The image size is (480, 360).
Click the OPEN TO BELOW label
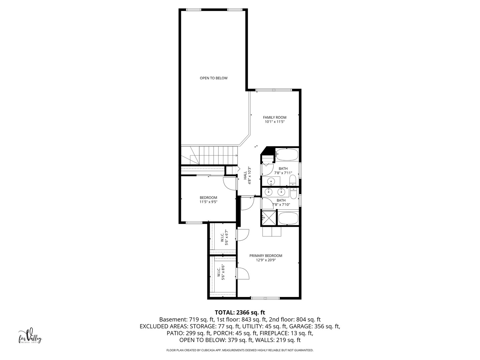213,78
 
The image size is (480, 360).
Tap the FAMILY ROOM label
274,117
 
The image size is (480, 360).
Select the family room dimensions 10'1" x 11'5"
274,122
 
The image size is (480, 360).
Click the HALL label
245,175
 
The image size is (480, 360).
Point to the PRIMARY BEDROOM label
266,256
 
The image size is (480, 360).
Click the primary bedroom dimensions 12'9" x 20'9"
266,260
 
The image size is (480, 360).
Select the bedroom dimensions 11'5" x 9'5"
208,202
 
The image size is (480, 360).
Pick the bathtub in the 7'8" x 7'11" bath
286,154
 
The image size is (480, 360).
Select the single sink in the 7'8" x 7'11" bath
271,181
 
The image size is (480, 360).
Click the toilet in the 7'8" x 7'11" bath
293,181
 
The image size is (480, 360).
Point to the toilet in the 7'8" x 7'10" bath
294,193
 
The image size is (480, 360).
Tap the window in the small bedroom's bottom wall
194,223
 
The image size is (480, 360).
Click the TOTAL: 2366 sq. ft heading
240,312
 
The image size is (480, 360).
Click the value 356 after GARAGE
319,326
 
